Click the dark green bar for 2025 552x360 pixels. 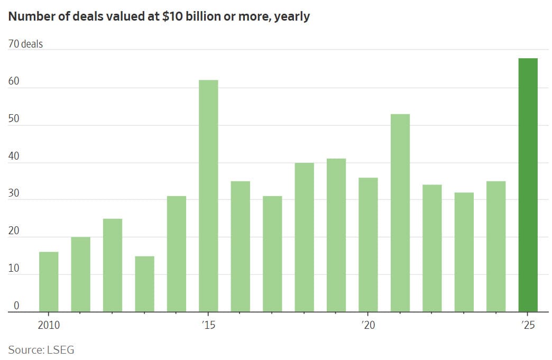pos(528,185)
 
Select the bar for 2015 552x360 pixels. pos(208,196)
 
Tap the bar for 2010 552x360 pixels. pos(49,282)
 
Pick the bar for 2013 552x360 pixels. pos(144,284)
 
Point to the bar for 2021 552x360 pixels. pos(400,213)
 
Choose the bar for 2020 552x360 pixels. pos(368,245)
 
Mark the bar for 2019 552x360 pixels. pos(336,235)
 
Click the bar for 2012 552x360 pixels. pos(113,265)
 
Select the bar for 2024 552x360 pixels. pos(496,246)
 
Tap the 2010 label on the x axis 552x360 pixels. pos(49,325)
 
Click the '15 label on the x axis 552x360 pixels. pos(208,325)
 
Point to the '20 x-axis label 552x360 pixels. pos(368,325)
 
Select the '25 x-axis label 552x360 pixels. pos(528,325)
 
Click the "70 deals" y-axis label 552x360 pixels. pos(25,44)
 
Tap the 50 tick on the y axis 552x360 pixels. pos(14,119)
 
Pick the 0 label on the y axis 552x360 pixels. pos(16,306)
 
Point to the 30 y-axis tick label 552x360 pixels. pos(14,193)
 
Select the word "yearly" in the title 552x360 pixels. pos(291,16)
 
